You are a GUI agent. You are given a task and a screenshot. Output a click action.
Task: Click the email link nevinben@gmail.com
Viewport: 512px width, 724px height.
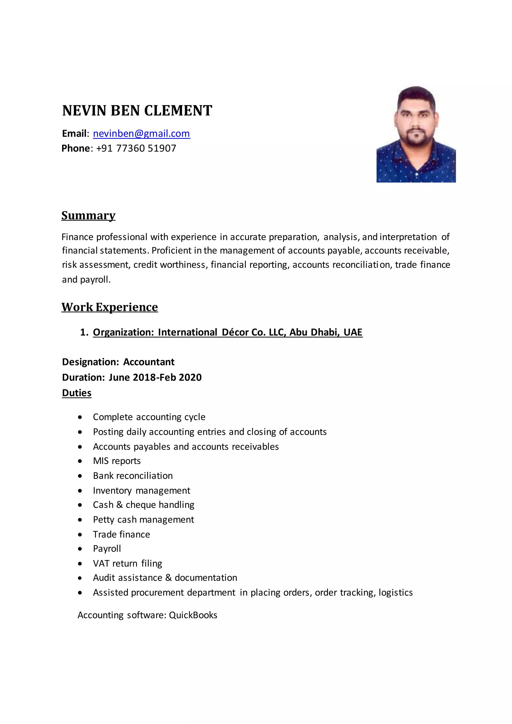141,134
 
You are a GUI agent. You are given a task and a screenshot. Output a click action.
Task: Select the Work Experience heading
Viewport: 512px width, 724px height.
110,307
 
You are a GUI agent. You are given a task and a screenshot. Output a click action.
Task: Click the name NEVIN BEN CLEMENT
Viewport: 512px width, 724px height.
137,111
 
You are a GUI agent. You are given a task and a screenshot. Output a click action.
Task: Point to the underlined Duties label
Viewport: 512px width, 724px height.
76,393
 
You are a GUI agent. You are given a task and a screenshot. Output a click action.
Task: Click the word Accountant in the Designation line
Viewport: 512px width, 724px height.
148,362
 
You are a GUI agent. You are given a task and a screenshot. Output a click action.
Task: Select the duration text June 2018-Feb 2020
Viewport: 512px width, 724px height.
155,377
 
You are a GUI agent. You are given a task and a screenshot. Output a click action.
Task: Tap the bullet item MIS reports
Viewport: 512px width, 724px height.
117,461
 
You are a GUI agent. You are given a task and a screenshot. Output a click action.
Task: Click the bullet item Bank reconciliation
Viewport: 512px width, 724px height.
133,475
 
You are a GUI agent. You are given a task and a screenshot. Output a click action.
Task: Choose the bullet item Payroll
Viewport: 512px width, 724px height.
107,549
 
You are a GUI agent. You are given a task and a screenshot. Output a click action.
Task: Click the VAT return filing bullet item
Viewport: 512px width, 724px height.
127,563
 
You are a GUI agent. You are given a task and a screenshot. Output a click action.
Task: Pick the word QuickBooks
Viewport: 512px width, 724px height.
193,615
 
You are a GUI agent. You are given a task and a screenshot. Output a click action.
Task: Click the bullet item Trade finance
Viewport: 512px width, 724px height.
121,534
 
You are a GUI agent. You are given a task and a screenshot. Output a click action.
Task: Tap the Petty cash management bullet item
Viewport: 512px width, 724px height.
143,520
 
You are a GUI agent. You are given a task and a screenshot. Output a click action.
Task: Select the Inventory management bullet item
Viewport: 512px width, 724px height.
141,491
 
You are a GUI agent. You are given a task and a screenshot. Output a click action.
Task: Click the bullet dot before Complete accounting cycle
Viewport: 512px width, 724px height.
80,417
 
